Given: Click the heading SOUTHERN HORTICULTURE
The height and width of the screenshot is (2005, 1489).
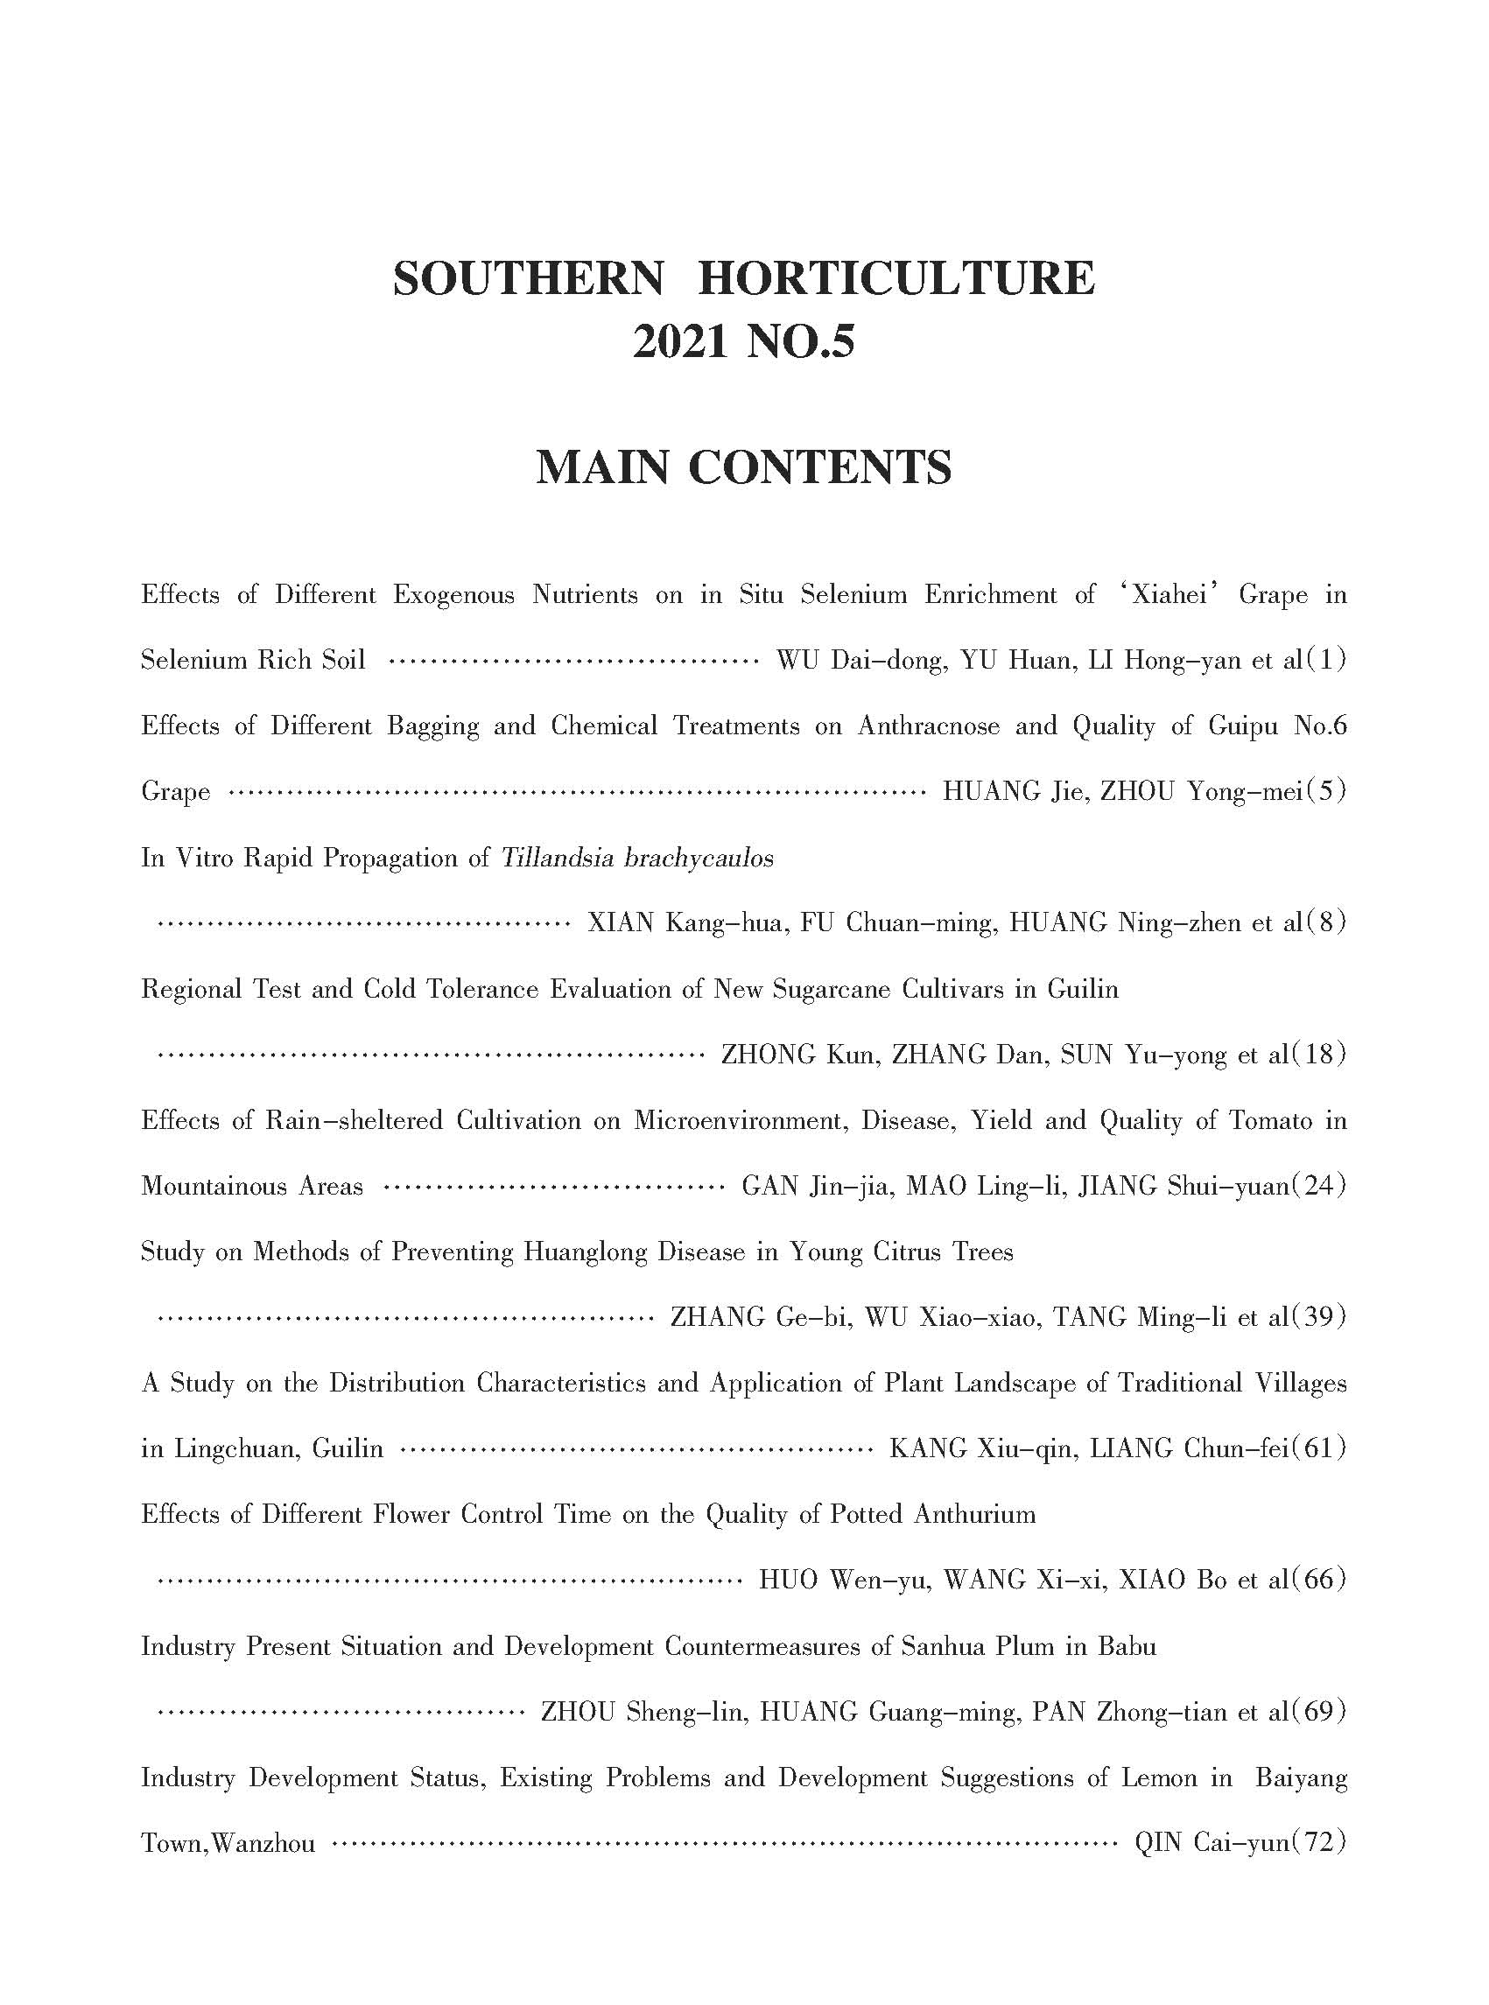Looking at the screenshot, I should click(x=743, y=277).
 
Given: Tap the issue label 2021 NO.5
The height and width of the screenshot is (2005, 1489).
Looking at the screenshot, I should click(x=743, y=342).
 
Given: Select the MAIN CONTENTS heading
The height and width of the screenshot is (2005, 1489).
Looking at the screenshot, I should click(x=743, y=467).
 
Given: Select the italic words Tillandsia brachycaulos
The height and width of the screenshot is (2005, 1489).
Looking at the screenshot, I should click(x=637, y=858).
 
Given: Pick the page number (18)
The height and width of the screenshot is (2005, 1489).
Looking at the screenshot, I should click(x=1318, y=1055).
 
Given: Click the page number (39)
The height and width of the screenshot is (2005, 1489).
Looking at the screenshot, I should click(x=1318, y=1317).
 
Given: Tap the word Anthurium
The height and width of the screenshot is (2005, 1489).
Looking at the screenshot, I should click(x=975, y=1514).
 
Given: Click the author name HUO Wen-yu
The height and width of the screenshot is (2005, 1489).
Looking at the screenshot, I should click(x=845, y=1580).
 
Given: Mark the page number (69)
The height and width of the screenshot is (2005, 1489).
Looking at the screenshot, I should click(x=1318, y=1711).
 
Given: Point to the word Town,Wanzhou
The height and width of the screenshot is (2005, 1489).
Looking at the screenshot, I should click(x=228, y=1844).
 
